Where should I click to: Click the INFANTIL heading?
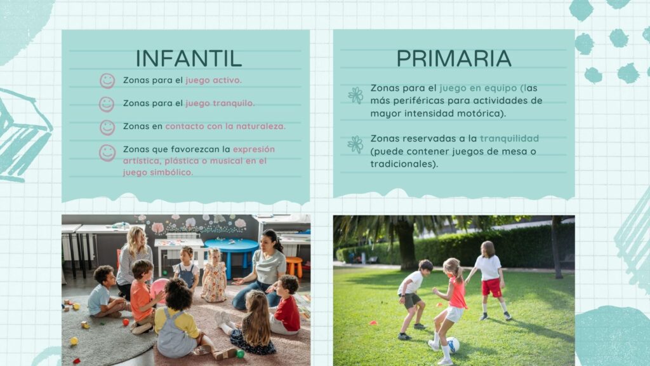click(x=189, y=58)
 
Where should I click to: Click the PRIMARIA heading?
click(x=454, y=58)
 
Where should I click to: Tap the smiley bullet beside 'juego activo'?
click(x=107, y=81)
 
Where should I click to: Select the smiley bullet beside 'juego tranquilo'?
click(x=107, y=104)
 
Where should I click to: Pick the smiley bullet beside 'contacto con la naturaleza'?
click(x=107, y=127)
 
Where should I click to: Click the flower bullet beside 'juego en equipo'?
click(x=355, y=95)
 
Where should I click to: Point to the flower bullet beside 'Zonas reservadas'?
click(x=355, y=145)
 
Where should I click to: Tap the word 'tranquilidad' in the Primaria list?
click(x=510, y=138)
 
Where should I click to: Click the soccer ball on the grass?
click(x=452, y=345)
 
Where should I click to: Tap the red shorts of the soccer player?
click(x=492, y=287)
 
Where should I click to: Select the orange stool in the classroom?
click(x=294, y=266)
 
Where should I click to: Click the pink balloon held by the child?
click(x=158, y=288)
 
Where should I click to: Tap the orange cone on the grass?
click(x=373, y=322)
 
